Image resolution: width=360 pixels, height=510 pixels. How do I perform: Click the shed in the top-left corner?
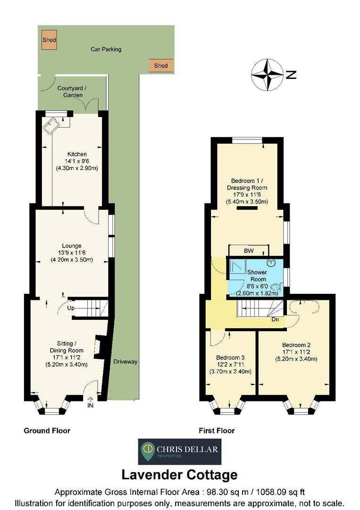[x=49, y=40]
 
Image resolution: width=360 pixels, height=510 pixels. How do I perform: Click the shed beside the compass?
[x=161, y=66]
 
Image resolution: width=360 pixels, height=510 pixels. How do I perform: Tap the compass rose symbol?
[x=267, y=75]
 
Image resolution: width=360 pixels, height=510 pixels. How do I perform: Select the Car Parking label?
[x=106, y=49]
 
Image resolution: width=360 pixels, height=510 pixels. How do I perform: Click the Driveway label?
[x=125, y=362]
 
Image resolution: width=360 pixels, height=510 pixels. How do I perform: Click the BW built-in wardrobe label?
[x=248, y=251]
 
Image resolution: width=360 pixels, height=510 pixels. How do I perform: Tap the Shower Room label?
[x=257, y=275]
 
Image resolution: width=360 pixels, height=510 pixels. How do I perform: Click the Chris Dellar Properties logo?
[x=179, y=451]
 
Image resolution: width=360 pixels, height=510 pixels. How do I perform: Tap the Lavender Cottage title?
[x=179, y=474]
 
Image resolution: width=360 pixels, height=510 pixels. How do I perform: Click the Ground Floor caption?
[x=47, y=431]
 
